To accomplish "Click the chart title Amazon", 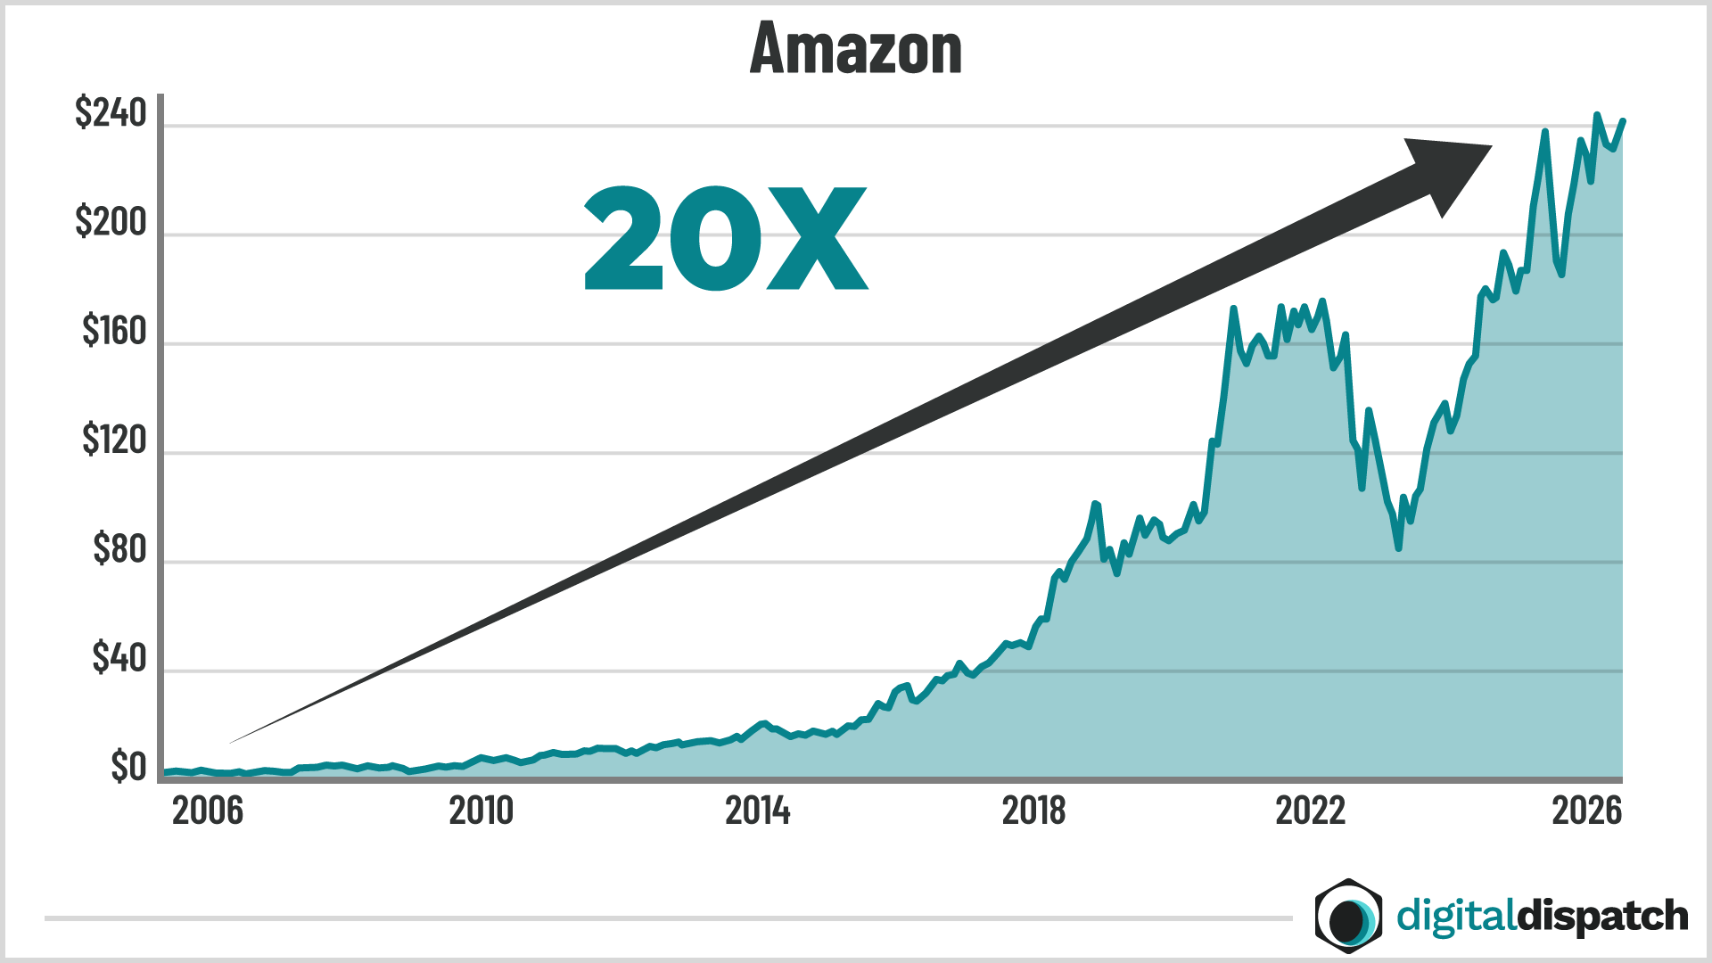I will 856,49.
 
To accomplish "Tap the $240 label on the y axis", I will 111,113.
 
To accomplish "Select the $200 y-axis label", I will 111,222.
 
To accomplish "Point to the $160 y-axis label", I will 114,332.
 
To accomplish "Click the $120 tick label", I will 114,440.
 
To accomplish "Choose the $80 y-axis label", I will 119,549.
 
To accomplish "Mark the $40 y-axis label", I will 119,658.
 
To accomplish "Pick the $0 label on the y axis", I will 128,767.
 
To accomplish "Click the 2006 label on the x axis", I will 207,811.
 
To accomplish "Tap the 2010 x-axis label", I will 481,811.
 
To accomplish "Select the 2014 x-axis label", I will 757,811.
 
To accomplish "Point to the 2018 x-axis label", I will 1033,811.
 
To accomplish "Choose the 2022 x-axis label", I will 1310,811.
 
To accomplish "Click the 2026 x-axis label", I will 1586,811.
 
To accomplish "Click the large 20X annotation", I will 725,239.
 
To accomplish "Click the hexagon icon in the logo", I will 1348,916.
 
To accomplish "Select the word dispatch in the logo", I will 1602,917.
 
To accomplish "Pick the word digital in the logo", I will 1456,917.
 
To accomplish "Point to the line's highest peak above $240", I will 1596,115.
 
